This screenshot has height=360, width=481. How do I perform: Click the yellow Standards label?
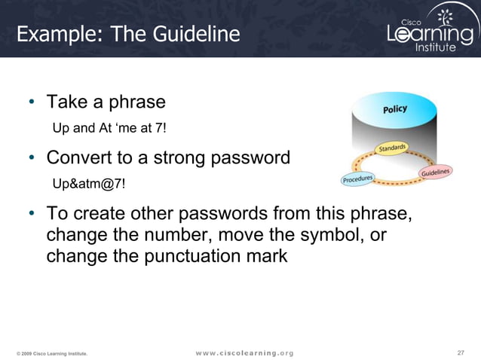[392, 148]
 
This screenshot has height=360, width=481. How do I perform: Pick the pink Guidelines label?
[435, 173]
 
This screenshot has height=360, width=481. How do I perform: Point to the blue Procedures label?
[358, 179]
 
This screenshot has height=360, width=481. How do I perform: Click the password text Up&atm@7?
[88, 184]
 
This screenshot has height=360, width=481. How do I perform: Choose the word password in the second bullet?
[251, 158]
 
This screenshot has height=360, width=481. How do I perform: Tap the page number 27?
[461, 352]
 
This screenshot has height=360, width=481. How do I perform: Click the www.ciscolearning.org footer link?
[244, 352]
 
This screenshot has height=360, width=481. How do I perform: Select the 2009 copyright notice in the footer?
[52, 353]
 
